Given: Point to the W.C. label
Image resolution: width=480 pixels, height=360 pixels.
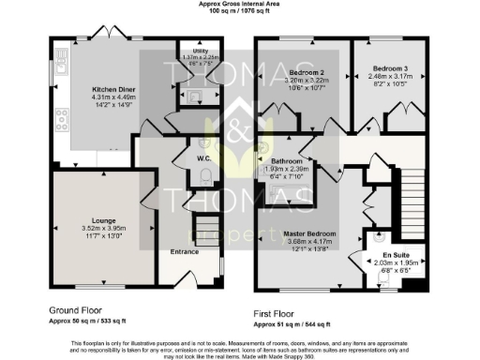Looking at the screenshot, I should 202,158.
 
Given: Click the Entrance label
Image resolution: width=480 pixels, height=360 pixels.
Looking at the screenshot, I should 186,251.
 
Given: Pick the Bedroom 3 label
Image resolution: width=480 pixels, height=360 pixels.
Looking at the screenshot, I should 389,68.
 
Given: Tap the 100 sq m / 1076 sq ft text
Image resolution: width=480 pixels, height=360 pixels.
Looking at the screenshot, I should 239,11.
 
